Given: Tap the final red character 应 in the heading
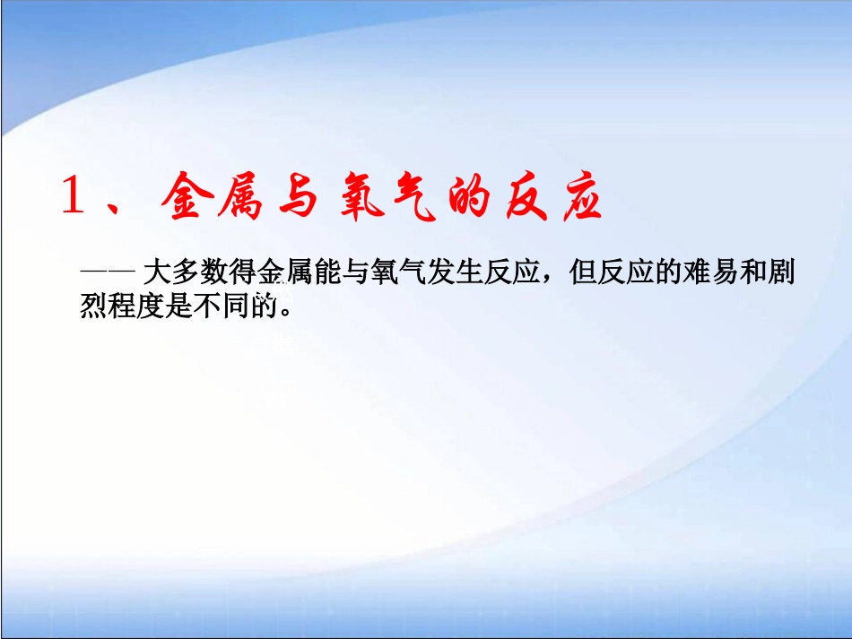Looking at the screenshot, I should coord(575,197).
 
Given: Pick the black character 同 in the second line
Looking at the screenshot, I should coord(239,306).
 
